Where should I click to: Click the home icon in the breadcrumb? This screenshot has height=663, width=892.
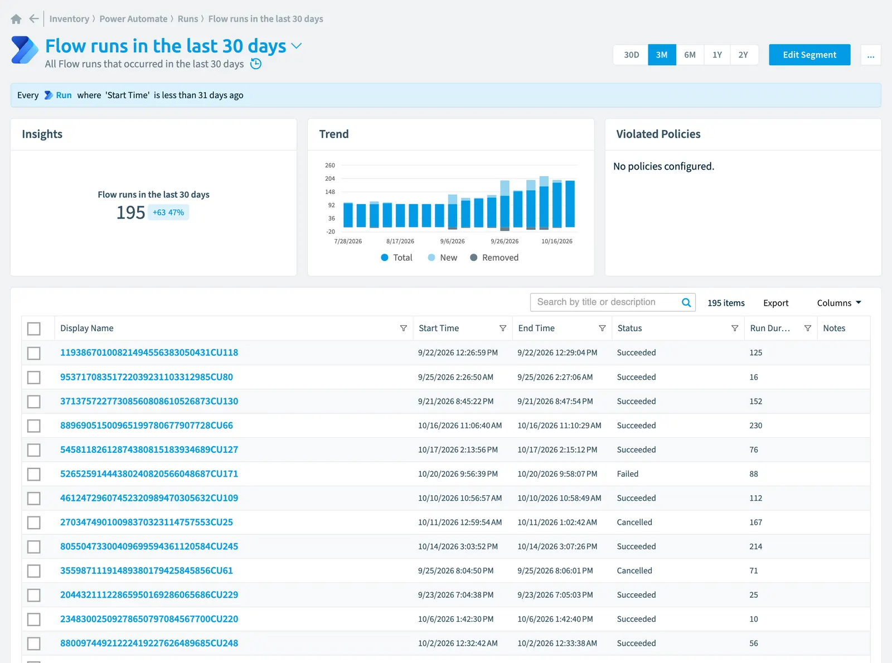(x=16, y=19)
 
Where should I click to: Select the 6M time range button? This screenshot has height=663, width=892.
(x=690, y=55)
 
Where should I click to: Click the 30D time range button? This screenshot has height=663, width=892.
(x=631, y=55)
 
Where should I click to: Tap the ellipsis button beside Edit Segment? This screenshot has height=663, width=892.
(x=871, y=55)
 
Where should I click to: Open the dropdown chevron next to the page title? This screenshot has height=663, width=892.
(x=297, y=46)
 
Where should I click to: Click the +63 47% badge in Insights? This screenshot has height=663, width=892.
(x=168, y=212)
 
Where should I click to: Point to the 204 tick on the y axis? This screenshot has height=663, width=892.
(x=330, y=178)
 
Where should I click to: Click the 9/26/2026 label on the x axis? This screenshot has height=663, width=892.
(x=505, y=241)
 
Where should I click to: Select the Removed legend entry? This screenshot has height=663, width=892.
(x=495, y=258)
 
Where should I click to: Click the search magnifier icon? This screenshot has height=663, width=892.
(x=686, y=303)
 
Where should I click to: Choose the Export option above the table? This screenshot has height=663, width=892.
(x=776, y=303)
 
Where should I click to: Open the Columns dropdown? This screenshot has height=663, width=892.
(x=839, y=303)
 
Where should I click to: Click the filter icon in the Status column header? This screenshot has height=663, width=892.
(x=734, y=328)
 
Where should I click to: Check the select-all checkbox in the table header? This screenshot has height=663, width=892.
(x=34, y=328)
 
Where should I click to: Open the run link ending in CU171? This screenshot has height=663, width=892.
(x=149, y=474)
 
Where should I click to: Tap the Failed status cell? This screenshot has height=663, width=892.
(x=627, y=474)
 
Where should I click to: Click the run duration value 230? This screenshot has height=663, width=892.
(x=755, y=425)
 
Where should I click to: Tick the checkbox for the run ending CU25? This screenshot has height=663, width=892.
(x=34, y=522)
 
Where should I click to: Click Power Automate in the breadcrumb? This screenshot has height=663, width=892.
(x=133, y=19)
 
